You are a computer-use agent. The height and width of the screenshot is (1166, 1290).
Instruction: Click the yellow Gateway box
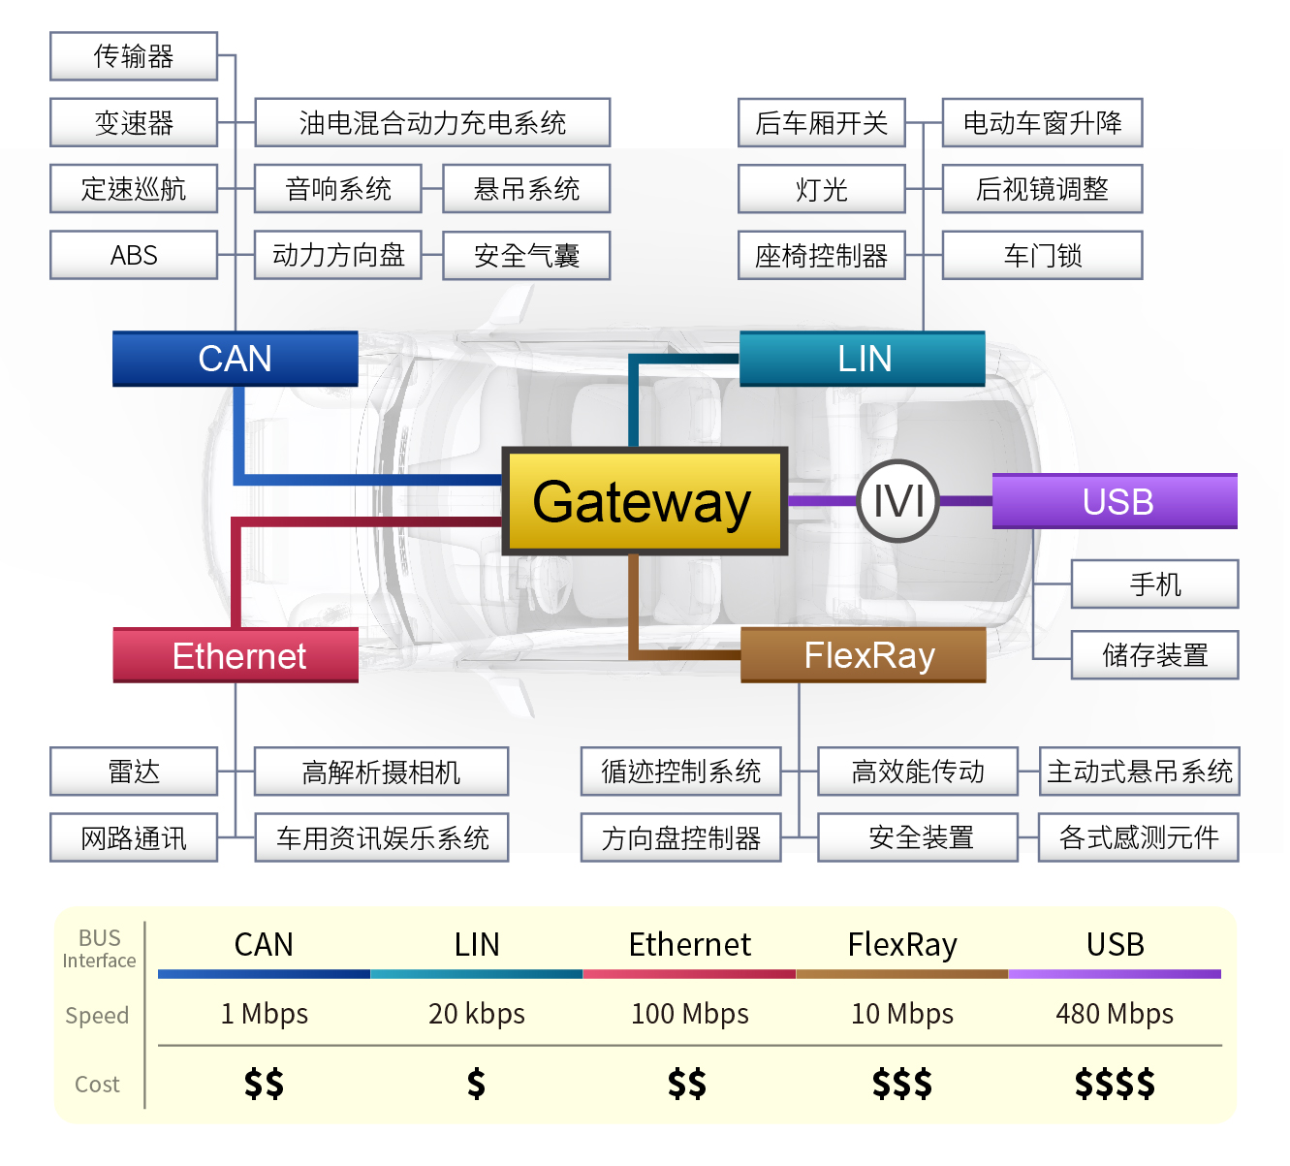tap(645, 501)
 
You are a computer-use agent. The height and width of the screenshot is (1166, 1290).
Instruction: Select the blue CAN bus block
tap(236, 359)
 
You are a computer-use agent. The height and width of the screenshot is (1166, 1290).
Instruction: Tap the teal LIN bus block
tap(863, 359)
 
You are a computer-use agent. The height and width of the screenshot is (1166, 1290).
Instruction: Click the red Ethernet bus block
tap(236, 655)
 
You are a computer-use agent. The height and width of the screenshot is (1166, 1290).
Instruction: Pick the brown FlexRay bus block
tap(864, 655)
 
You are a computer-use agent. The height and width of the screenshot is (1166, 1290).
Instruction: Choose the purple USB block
tap(1116, 501)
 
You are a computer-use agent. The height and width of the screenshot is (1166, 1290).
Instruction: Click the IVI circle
tap(898, 501)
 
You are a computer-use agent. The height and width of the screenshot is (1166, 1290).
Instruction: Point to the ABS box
tap(134, 255)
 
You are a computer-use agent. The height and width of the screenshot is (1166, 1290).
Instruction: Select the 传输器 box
tap(134, 56)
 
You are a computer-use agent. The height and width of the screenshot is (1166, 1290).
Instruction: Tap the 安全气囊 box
tap(526, 255)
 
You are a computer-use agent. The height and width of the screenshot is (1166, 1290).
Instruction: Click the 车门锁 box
tap(1042, 255)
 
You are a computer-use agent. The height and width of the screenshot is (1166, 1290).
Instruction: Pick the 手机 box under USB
tap(1154, 583)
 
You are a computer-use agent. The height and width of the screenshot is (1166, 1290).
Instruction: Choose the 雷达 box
tap(134, 772)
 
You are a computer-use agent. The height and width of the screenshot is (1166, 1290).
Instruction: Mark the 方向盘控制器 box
tap(680, 837)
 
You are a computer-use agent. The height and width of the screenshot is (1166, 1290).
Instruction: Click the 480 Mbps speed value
tap(1115, 1014)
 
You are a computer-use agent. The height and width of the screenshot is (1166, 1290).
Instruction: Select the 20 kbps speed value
tap(477, 1014)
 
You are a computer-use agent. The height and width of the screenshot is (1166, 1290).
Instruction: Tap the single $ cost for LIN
tap(476, 1083)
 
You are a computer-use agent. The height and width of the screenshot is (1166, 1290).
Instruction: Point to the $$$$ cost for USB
tap(1115, 1083)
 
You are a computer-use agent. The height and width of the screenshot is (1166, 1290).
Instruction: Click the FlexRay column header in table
tap(902, 944)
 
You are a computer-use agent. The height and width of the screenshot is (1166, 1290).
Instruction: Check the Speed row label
tap(97, 1015)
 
